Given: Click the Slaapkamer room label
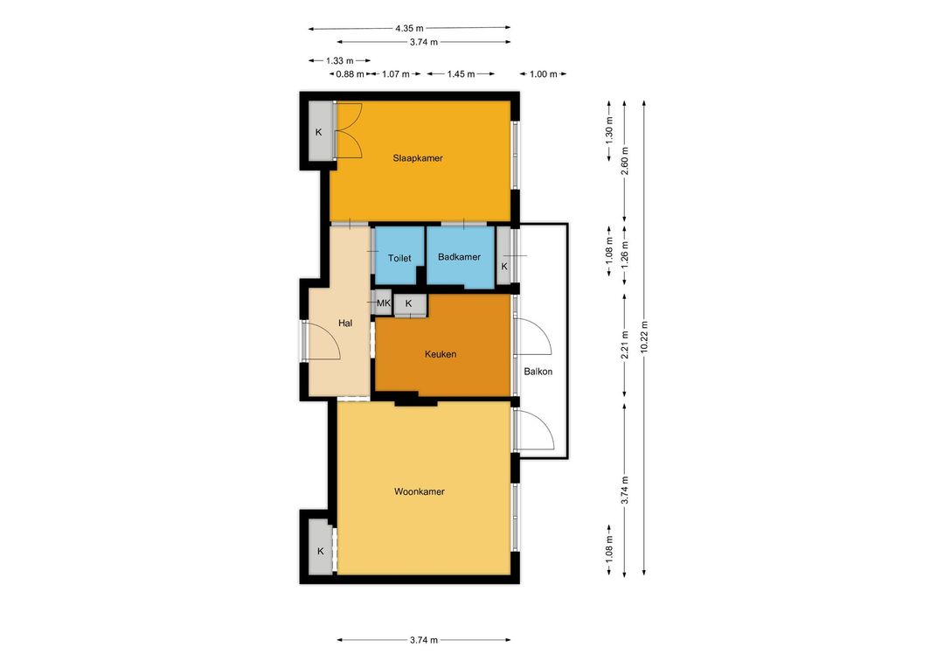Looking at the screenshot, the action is [418, 158].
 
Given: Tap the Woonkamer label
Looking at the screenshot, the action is [420, 491].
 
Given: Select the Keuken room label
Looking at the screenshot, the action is [441, 354].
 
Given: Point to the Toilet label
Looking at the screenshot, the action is [399, 258].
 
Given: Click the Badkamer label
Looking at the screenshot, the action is [460, 256].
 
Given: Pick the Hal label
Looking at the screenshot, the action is [345, 323].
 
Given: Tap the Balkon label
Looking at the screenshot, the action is [538, 372].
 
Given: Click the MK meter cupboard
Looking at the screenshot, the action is [384, 303].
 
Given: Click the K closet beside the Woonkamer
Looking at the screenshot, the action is [321, 550].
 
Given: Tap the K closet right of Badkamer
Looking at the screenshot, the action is [504, 257].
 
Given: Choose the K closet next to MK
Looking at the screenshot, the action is [409, 304].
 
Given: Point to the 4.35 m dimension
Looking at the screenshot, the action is [409, 28].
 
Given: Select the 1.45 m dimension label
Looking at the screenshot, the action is [462, 74].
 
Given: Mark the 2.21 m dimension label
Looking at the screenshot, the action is [625, 344].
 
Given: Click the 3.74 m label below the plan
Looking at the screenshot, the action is [424, 640].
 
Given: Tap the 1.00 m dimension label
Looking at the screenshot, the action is [544, 74].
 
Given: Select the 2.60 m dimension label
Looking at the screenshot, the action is [625, 161].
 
